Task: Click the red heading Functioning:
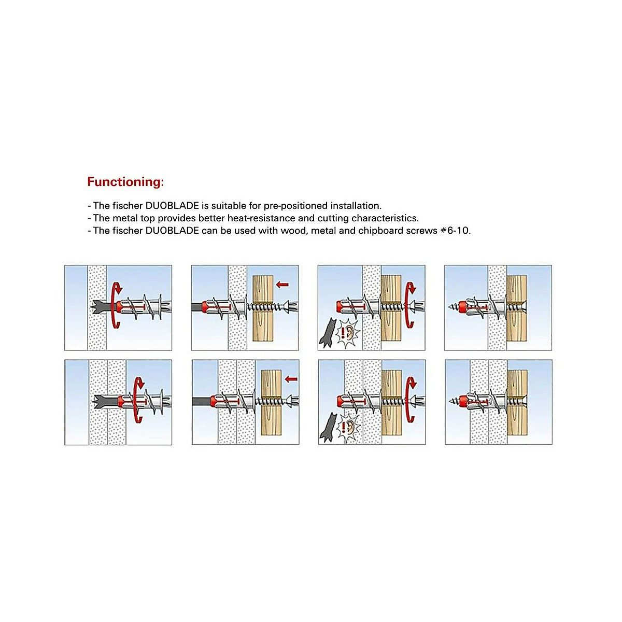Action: pyautogui.click(x=125, y=182)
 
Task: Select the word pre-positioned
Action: pyautogui.click(x=296, y=206)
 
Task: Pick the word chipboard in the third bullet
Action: pyautogui.click(x=380, y=231)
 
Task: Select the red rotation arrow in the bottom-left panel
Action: pyautogui.click(x=138, y=400)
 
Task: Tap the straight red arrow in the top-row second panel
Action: pyautogui.click(x=282, y=284)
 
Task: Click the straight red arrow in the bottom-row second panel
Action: pyautogui.click(x=291, y=379)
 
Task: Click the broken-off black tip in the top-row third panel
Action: pyautogui.click(x=328, y=332)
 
